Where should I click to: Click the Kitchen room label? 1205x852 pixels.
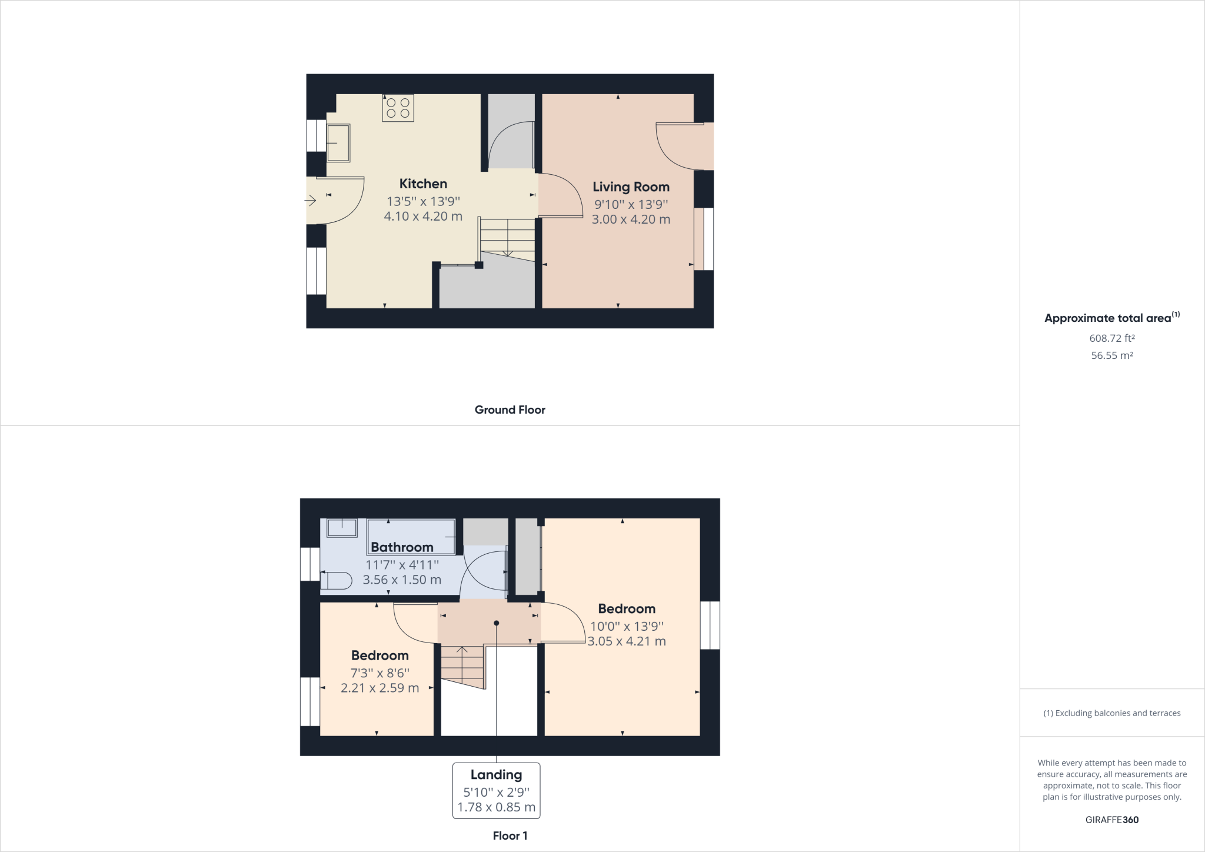[423, 184]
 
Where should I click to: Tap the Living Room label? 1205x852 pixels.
[631, 187]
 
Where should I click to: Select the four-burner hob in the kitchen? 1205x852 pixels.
[398, 108]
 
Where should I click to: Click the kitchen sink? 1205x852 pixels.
[338, 143]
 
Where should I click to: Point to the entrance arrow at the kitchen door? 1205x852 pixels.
[310, 201]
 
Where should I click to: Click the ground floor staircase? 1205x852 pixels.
[507, 238]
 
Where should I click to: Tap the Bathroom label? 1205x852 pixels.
[402, 547]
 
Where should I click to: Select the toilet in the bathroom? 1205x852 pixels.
[336, 581]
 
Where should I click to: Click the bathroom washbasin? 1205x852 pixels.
[342, 528]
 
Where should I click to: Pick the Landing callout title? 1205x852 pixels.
[496, 775]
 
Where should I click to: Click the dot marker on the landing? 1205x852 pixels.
[497, 623]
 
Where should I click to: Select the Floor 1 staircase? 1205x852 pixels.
[463, 667]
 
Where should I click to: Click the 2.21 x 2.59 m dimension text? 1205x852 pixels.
[380, 688]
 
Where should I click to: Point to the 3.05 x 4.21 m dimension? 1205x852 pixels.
[627, 641]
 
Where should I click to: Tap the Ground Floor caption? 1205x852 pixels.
[510, 410]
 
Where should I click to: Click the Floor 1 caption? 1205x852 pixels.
[510, 836]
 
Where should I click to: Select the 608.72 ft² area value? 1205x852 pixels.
[1112, 338]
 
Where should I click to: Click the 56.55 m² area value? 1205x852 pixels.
[1112, 355]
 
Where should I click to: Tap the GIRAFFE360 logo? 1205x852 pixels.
[1112, 820]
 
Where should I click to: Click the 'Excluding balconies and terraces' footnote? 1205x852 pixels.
[1112, 713]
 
